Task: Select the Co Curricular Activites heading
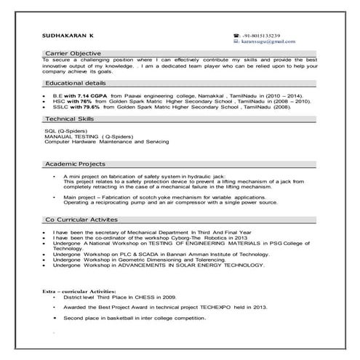81,218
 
